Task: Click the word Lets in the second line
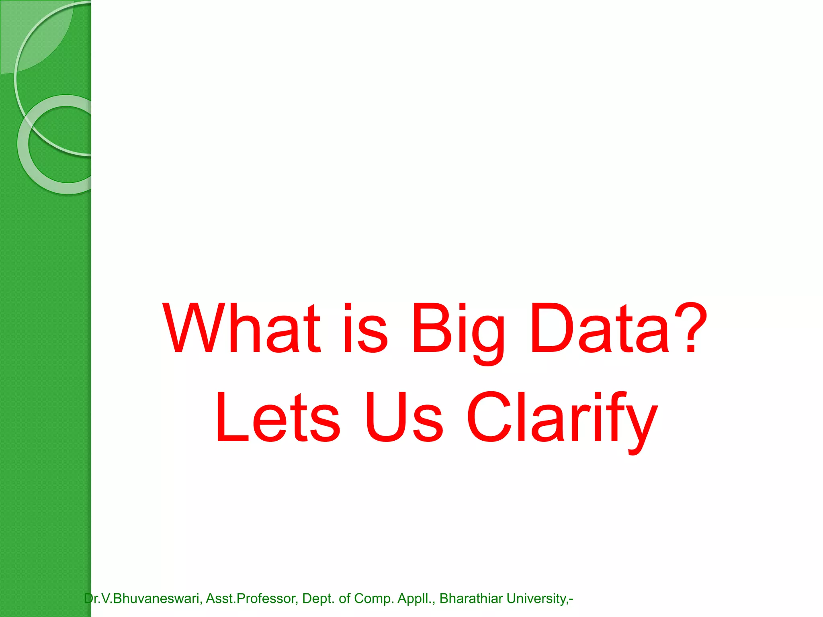[x=278, y=418]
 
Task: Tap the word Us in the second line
[x=403, y=418]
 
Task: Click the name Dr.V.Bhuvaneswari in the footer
[x=143, y=599]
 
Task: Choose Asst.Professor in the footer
[x=252, y=599]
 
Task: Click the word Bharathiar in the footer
[x=471, y=599]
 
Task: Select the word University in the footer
[x=536, y=599]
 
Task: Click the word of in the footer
[x=345, y=599]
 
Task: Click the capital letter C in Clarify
[x=488, y=418]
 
